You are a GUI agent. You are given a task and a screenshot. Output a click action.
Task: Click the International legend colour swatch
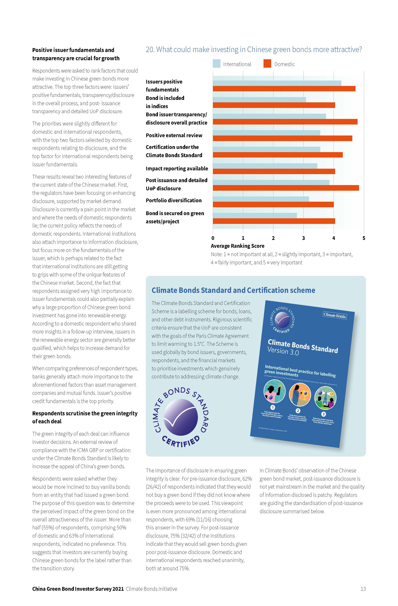(x=216, y=64)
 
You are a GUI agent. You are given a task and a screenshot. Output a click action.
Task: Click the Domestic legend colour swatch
(x=267, y=64)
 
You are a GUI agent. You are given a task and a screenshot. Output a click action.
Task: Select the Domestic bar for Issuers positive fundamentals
(x=284, y=89)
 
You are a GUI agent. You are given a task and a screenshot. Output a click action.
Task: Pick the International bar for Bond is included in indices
(x=259, y=100)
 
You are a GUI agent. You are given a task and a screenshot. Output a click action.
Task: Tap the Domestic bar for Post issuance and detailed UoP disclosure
(x=286, y=188)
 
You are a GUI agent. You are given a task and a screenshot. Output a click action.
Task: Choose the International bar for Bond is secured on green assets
(x=255, y=215)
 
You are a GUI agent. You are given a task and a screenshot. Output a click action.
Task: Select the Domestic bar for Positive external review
(x=282, y=138)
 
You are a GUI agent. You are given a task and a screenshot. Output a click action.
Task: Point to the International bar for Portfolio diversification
(x=261, y=199)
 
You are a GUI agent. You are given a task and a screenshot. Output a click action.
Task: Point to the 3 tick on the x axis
(x=303, y=238)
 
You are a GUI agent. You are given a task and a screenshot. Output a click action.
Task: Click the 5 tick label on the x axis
(x=364, y=238)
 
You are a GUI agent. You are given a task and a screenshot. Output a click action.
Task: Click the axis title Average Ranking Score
(x=237, y=246)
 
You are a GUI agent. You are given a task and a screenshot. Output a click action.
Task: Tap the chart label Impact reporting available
(x=177, y=169)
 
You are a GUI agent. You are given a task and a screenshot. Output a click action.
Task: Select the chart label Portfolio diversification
(x=173, y=200)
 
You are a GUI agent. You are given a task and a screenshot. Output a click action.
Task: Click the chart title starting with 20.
(x=253, y=49)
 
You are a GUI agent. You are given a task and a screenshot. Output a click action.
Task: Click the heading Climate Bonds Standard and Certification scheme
(x=233, y=290)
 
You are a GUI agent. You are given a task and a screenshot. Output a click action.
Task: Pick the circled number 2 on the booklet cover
(x=298, y=410)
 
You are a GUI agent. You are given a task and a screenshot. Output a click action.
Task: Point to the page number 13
(x=363, y=589)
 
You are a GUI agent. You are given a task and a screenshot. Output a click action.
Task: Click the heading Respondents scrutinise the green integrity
(x=85, y=417)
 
